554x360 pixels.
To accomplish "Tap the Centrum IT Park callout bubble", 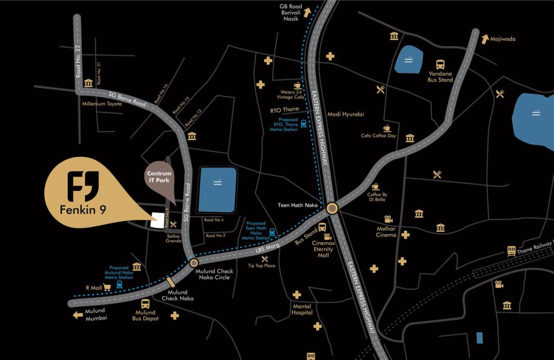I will point(160,176).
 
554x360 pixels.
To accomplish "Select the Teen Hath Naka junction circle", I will point(332,208).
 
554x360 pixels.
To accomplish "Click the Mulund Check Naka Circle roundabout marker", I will point(194,263).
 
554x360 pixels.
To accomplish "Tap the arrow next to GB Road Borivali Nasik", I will point(308,12).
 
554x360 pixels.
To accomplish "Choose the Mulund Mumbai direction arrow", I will point(78,315).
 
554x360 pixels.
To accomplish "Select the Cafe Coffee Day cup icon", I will point(387,128).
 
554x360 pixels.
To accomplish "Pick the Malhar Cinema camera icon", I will point(388,219).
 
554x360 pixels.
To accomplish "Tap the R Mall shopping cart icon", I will point(107,288).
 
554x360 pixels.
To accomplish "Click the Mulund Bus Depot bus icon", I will point(145,304).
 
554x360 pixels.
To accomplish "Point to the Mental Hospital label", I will point(302,309).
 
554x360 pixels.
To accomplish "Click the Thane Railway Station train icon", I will point(511,250).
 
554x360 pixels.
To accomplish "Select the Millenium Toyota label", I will point(102,103).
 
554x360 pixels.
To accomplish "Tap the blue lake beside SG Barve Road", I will point(217,190).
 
